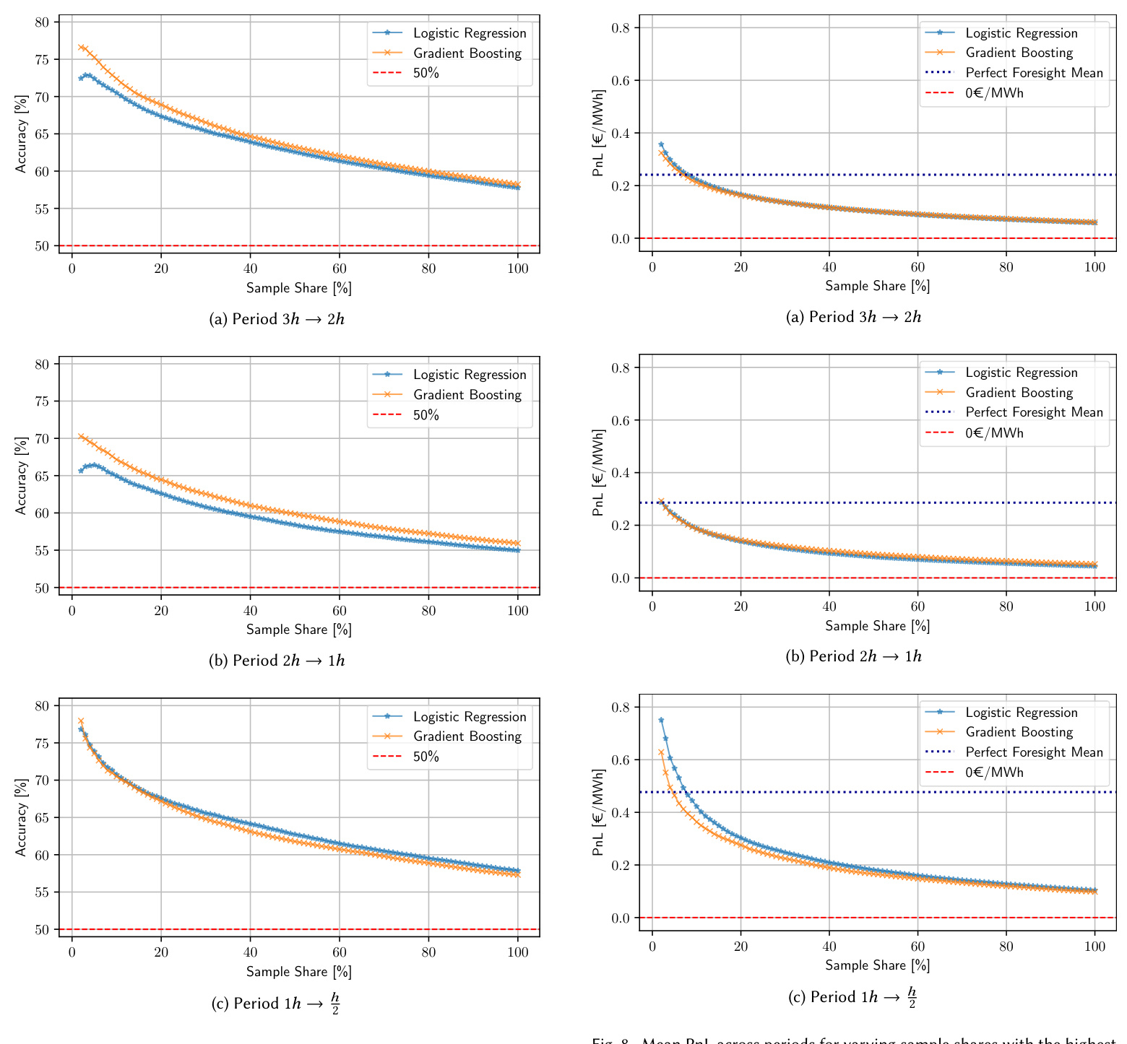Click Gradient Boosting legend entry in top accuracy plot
click(467, 53)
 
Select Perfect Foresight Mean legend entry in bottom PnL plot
click(1034, 752)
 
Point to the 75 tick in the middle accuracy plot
click(43, 401)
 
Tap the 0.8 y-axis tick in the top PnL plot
click(621, 28)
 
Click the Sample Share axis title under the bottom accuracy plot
click(298, 972)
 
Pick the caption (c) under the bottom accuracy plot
click(275, 1003)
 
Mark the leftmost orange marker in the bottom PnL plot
click(661, 752)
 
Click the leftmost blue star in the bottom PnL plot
click(661, 720)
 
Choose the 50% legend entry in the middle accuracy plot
click(426, 415)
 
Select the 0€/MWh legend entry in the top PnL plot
click(994, 93)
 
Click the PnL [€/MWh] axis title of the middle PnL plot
click(598, 473)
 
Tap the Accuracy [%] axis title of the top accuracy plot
click(21, 134)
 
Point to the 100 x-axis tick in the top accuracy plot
click(518, 269)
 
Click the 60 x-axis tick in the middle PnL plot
click(917, 606)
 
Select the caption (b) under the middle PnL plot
click(853, 656)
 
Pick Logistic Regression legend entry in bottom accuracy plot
click(470, 717)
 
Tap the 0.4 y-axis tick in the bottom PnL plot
click(621, 813)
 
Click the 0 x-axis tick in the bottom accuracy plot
click(72, 952)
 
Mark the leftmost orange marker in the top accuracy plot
click(81, 48)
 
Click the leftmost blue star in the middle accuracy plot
click(81, 471)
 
